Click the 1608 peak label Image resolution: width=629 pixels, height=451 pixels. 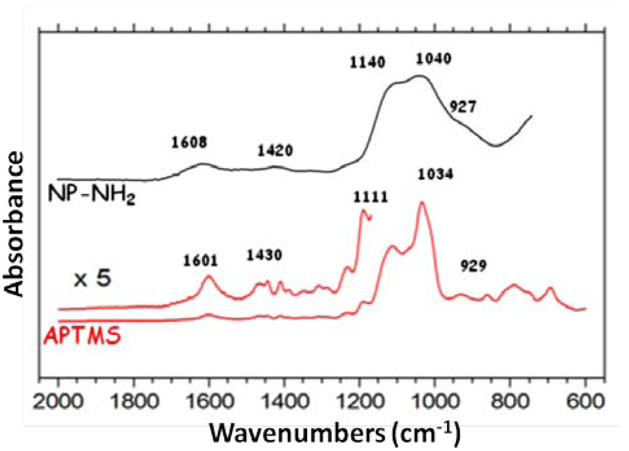[189, 143]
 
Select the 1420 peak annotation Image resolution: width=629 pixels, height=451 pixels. [275, 150]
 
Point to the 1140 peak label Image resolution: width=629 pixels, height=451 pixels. [367, 62]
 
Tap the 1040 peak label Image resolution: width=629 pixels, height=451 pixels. [433, 59]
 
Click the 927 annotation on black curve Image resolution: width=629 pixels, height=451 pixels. [463, 107]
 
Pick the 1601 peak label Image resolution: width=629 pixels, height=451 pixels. [200, 261]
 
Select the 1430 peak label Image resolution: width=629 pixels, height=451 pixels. [264, 255]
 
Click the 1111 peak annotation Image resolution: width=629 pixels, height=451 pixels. [370, 197]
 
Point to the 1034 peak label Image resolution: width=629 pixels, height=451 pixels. [435, 175]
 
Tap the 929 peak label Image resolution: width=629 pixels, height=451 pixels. [473, 266]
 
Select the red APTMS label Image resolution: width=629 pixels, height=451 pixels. [82, 336]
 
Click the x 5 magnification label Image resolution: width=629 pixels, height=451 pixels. [92, 279]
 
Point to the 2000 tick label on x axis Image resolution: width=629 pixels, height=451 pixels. [58, 401]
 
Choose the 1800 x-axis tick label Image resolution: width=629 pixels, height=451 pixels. [134, 401]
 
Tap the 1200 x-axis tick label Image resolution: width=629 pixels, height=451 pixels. [359, 401]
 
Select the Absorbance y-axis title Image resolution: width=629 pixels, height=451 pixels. [15, 224]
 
